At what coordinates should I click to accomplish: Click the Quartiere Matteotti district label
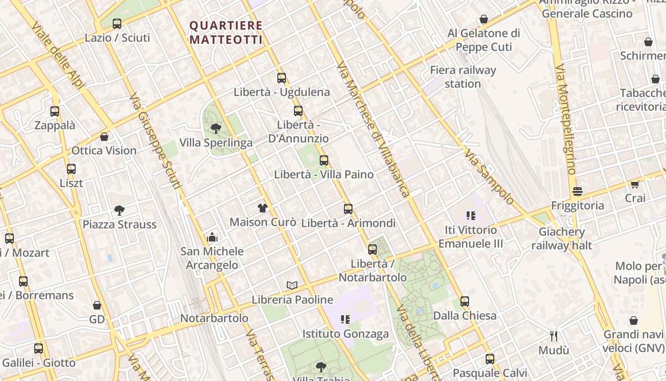pyautogui.click(x=226, y=32)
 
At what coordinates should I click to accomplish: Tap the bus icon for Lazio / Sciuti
pyautogui.click(x=117, y=23)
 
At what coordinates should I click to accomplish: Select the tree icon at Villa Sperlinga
pyautogui.click(x=215, y=128)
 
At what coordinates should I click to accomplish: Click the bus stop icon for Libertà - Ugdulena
pyautogui.click(x=282, y=78)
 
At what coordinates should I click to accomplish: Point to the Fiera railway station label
pyautogui.click(x=463, y=77)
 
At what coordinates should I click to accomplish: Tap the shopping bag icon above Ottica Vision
pyautogui.click(x=104, y=137)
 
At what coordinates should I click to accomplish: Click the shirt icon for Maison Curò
pyautogui.click(x=263, y=208)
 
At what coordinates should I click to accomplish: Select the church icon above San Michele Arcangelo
pyautogui.click(x=212, y=237)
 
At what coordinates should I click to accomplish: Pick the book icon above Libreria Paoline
pyautogui.click(x=292, y=285)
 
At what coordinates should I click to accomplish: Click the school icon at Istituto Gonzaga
pyautogui.click(x=345, y=320)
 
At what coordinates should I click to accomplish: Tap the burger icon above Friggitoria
pyautogui.click(x=578, y=191)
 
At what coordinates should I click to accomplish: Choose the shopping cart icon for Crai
pyautogui.click(x=635, y=184)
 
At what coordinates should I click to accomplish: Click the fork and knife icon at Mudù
pyautogui.click(x=554, y=336)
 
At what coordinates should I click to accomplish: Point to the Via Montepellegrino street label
pyautogui.click(x=565, y=119)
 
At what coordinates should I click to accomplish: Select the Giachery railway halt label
pyautogui.click(x=562, y=239)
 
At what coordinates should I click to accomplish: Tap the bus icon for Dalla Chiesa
pyautogui.click(x=464, y=301)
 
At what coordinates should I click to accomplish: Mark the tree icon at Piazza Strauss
pyautogui.click(x=119, y=210)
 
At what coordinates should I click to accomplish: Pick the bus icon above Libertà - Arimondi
pyautogui.click(x=348, y=209)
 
